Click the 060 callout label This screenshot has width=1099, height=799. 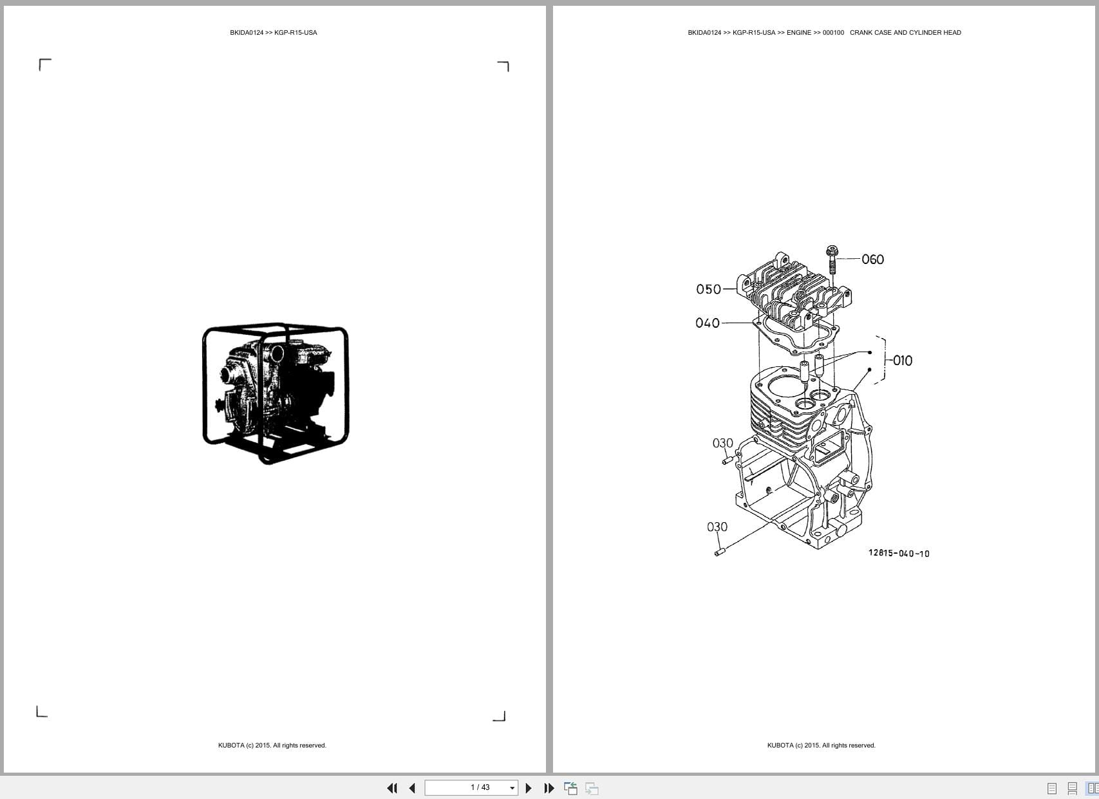[x=872, y=259]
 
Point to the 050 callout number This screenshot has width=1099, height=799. [x=708, y=289]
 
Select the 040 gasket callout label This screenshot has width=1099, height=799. [x=707, y=323]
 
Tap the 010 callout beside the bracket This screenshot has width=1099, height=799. [x=902, y=361]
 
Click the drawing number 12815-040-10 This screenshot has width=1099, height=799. [x=899, y=553]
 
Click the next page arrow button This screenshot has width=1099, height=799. [x=529, y=788]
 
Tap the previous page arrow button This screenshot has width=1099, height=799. [x=412, y=788]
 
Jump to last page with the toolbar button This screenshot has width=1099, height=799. [x=549, y=788]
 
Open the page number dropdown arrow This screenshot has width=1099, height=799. [x=512, y=788]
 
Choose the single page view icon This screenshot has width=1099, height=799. [x=1052, y=788]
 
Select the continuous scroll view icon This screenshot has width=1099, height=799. [x=1072, y=788]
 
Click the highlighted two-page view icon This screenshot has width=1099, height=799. [x=1092, y=788]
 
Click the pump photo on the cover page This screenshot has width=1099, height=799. [x=276, y=393]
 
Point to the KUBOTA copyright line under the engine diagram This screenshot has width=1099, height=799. [x=821, y=746]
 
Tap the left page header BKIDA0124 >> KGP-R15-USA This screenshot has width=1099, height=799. [x=273, y=33]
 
